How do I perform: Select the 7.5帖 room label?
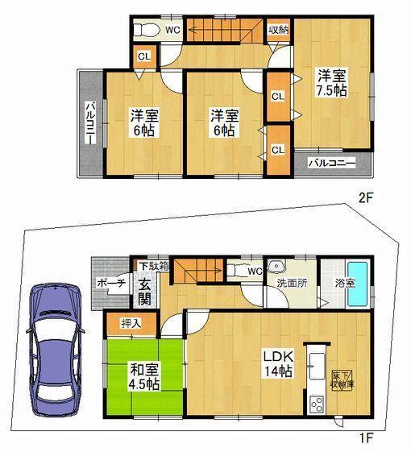click(330, 84)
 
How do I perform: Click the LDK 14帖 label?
click(276, 363)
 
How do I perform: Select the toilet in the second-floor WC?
click(147, 31)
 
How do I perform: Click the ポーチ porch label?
click(109, 284)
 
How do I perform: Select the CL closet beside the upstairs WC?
click(143, 56)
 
